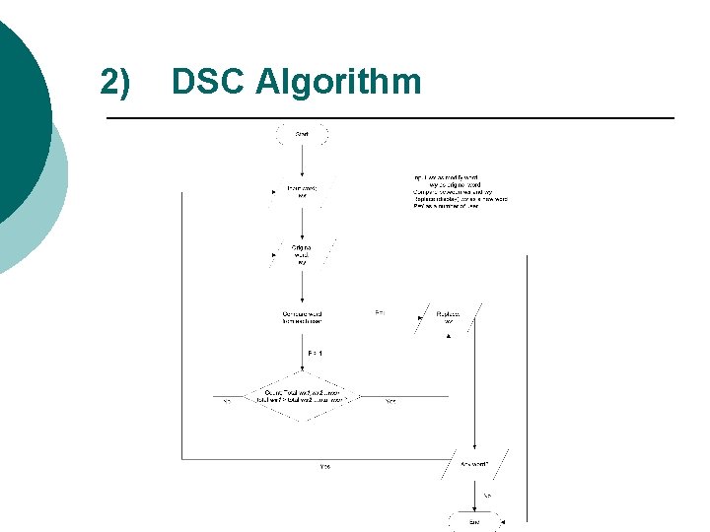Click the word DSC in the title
click(207, 82)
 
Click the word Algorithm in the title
click(337, 83)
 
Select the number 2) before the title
click(114, 82)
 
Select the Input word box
click(302, 190)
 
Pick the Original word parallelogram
click(302, 253)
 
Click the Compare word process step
click(302, 317)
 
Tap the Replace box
click(447, 317)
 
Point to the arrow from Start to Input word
click(303, 160)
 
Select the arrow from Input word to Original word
click(302, 221)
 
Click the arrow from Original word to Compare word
click(302, 287)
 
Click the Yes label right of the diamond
click(390, 401)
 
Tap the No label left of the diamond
click(227, 401)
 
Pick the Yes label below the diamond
click(325, 466)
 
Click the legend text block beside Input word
click(460, 191)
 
